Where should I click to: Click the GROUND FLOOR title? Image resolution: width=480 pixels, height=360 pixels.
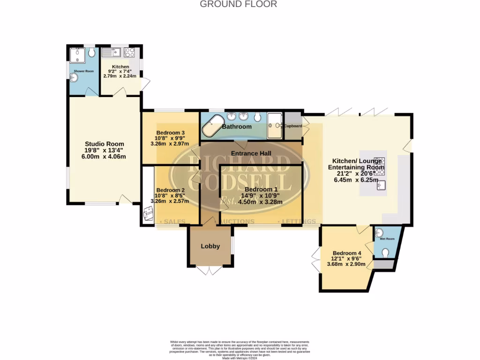coord(239,4)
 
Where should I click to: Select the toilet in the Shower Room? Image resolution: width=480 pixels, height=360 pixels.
coord(91,52)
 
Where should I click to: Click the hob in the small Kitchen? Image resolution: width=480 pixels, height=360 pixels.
coord(129,52)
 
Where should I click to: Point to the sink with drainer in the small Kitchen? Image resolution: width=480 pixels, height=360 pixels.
coord(112,52)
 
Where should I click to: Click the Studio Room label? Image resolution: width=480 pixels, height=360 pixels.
coord(105,144)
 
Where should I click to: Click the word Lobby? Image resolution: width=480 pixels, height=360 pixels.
coord(210,246)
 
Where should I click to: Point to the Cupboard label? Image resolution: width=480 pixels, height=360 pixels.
coord(293,126)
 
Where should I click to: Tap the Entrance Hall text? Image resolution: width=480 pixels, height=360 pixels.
coord(250,153)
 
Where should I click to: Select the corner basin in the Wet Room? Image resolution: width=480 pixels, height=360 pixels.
coord(379,232)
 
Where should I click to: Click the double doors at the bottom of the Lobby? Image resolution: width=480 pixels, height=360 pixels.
coord(210,270)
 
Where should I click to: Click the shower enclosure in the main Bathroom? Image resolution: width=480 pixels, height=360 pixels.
coord(275,126)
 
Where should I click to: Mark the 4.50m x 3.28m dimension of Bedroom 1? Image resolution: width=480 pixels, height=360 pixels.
coord(260,202)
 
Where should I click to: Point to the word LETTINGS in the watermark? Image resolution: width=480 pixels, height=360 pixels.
coord(299,221)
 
